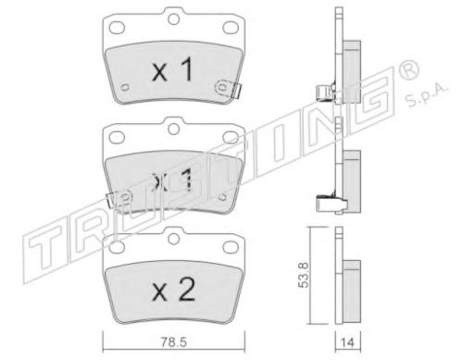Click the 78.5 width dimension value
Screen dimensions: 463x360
click(x=173, y=342)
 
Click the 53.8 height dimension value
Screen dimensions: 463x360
click(x=303, y=275)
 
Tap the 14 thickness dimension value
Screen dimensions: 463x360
click(x=347, y=342)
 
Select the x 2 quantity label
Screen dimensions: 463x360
click(x=173, y=290)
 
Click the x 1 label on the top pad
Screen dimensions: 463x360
click(x=173, y=70)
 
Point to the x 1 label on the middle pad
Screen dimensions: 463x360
click(x=173, y=180)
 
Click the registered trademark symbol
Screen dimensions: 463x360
click(x=409, y=71)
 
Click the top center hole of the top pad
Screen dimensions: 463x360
click(x=174, y=19)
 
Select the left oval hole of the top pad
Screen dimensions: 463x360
click(x=117, y=28)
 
